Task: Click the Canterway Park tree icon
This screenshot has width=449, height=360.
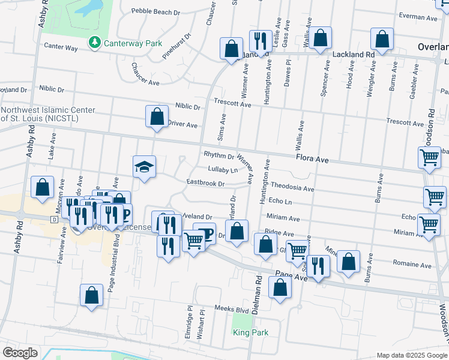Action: pos(94,43)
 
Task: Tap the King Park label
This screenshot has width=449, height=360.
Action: pos(250,332)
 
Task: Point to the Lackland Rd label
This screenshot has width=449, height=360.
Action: pos(354,54)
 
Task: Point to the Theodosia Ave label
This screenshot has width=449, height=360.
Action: pos(292,188)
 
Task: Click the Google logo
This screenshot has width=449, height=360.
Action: pos(20,352)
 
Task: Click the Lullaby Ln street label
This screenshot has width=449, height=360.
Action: pos(219,170)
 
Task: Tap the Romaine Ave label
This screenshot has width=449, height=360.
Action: pos(412,264)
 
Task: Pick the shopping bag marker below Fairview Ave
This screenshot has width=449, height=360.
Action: pos(91,295)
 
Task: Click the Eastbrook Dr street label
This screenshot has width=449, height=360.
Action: pos(205,183)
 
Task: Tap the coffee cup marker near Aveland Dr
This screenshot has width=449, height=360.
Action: pos(205,233)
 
